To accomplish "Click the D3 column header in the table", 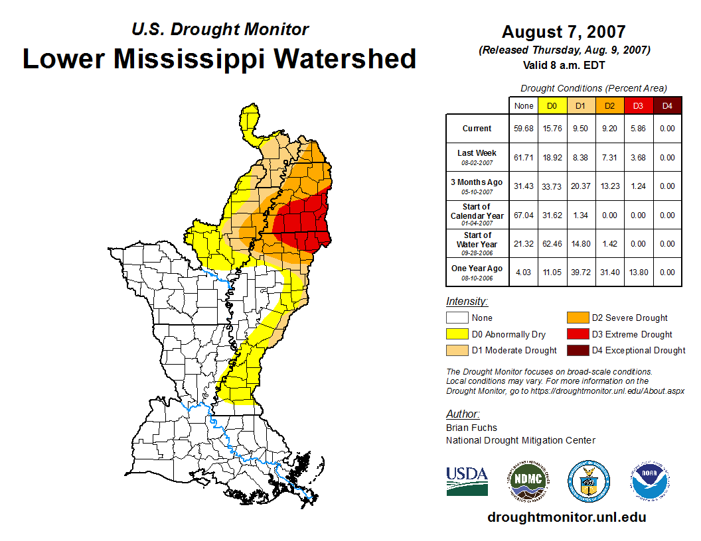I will tap(638, 105).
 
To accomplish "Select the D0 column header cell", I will tap(552, 105).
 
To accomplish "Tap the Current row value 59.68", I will tap(524, 129).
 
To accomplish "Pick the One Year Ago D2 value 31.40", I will tap(609, 272).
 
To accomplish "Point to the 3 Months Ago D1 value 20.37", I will tap(580, 186).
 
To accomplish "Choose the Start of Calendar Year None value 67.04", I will tap(524, 215).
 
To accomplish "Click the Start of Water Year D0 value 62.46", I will tap(552, 244).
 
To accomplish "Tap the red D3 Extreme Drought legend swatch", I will tap(577, 334).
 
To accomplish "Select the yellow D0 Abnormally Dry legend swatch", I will tap(457, 334).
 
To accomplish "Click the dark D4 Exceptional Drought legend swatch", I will tap(577, 350).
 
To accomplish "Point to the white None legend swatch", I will tap(457, 318).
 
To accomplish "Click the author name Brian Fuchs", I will tap(471, 428).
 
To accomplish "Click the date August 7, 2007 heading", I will tap(564, 32).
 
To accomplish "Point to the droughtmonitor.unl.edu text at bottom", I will tap(566, 517).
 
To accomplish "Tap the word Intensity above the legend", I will tap(467, 302).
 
